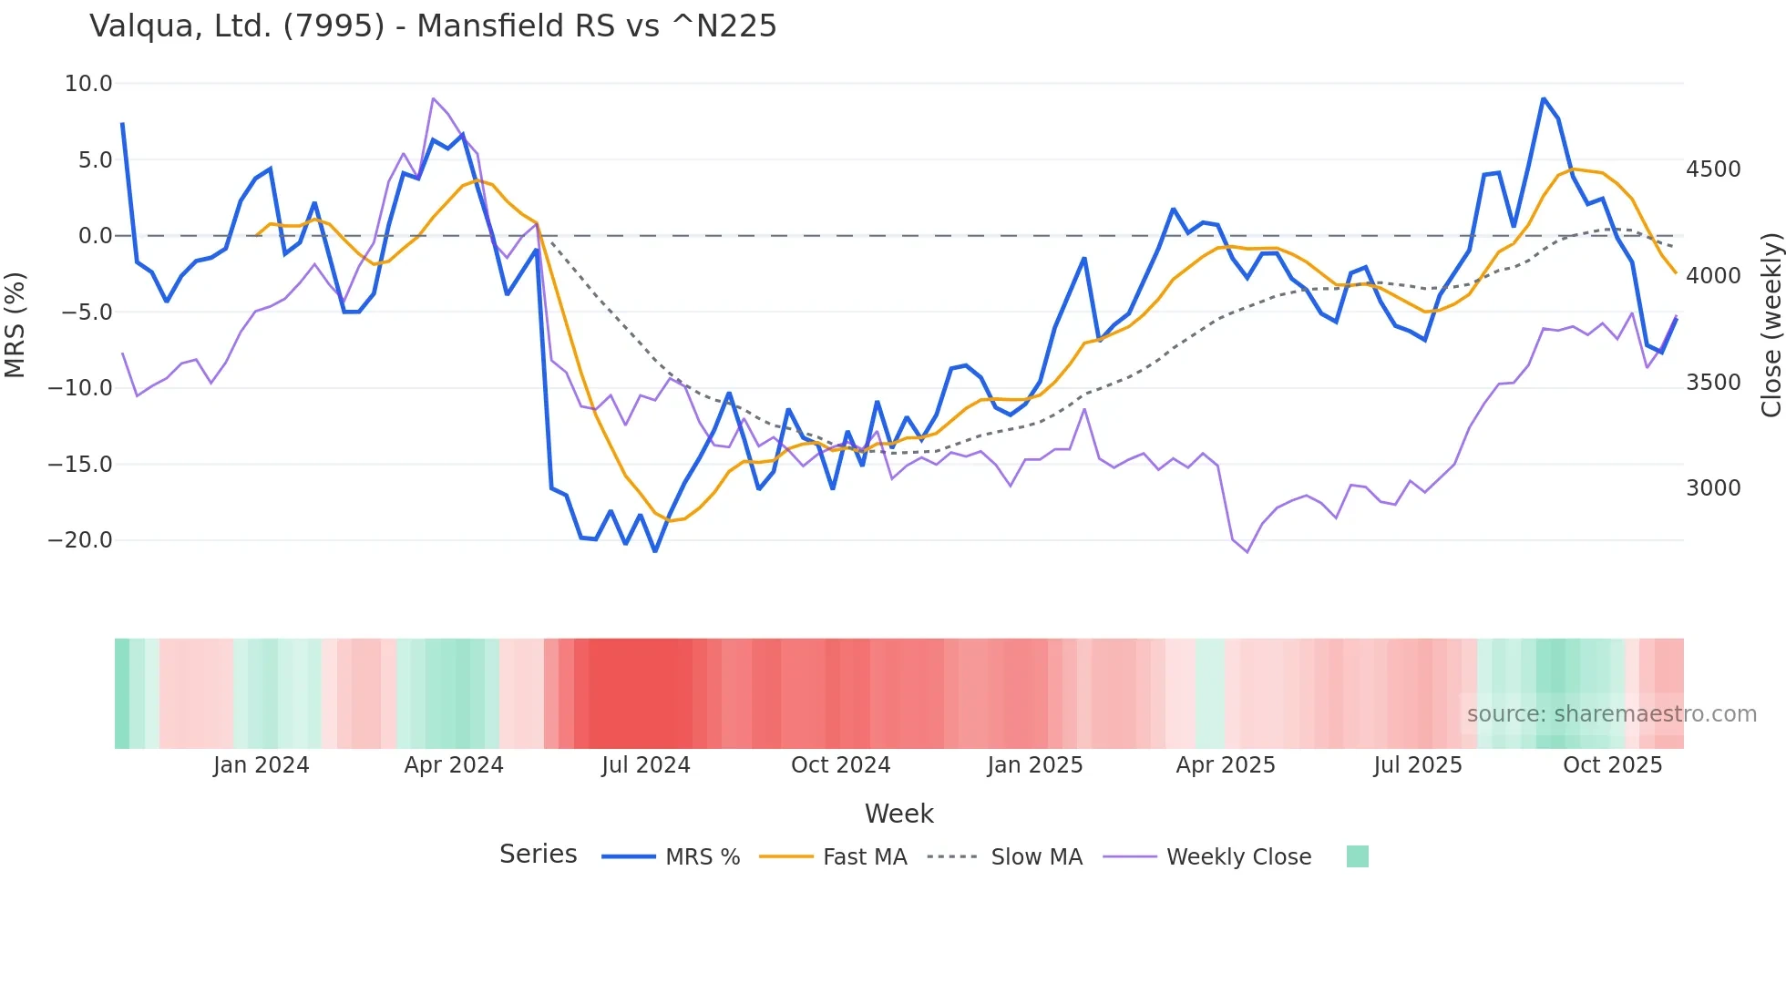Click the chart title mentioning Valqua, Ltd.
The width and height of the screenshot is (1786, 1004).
pyautogui.click(x=433, y=26)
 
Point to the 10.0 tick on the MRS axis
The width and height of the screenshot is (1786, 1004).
pyautogui.click(x=88, y=84)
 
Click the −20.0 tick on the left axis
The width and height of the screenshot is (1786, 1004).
pyautogui.click(x=80, y=540)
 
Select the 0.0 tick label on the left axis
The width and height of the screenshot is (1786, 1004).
pyautogui.click(x=95, y=236)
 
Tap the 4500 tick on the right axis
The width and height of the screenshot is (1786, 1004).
pyautogui.click(x=1713, y=169)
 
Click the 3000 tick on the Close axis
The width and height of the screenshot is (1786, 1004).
pyautogui.click(x=1713, y=488)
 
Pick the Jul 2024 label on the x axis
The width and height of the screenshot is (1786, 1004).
pyautogui.click(x=645, y=765)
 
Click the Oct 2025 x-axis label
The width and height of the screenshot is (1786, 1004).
pyautogui.click(x=1612, y=765)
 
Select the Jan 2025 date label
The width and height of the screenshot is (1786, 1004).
pyautogui.click(x=1034, y=765)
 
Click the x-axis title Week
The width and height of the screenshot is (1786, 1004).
pyautogui.click(x=898, y=814)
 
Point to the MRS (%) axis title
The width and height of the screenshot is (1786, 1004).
pyautogui.click(x=15, y=324)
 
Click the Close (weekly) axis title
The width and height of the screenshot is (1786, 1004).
pyautogui.click(x=1771, y=324)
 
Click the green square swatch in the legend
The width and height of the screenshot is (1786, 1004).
pyautogui.click(x=1357, y=856)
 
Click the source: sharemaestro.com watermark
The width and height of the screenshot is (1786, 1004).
pyautogui.click(x=1611, y=714)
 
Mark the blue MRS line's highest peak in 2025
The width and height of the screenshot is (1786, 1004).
pyautogui.click(x=1544, y=98)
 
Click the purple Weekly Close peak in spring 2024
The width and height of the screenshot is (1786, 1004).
pyautogui.click(x=434, y=98)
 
